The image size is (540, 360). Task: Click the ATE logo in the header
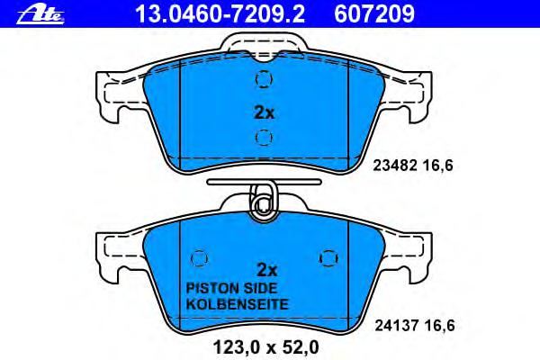click(40, 15)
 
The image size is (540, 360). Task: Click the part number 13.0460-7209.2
click(220, 14)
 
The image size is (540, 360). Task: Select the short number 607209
click(374, 14)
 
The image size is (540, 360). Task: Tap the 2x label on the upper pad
click(264, 112)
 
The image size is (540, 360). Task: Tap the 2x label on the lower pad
click(267, 270)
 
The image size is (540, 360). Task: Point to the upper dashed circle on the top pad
click(264, 79)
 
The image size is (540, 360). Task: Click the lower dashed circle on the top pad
click(264, 138)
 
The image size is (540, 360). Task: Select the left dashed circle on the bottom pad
click(200, 257)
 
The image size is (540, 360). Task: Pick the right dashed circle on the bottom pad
click(328, 258)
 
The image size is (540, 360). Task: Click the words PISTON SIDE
click(231, 288)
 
